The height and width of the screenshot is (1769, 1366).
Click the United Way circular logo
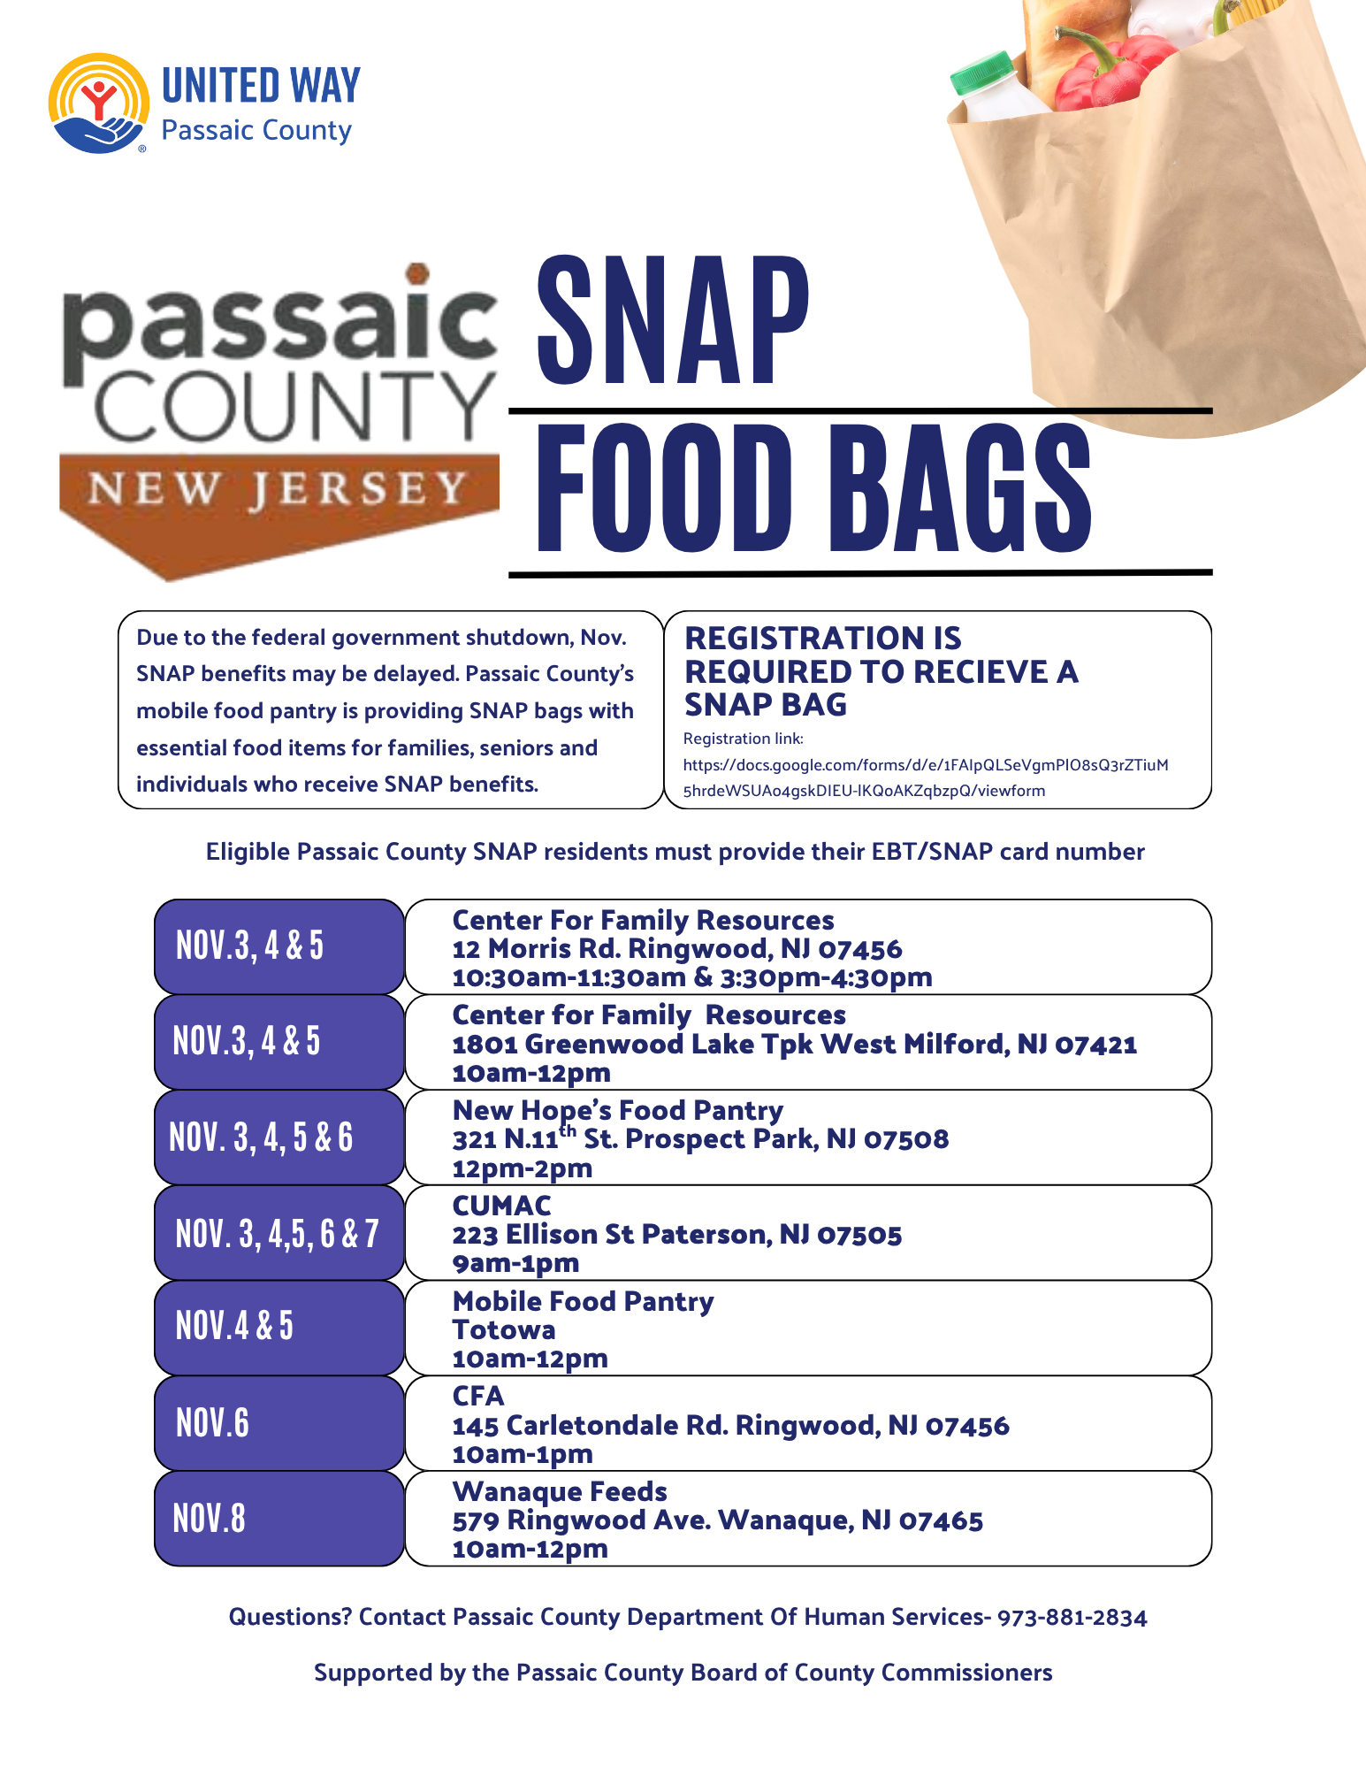click(x=99, y=103)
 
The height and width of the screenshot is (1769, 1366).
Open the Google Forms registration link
click(x=925, y=777)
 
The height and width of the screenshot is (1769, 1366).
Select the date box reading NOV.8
click(x=279, y=1519)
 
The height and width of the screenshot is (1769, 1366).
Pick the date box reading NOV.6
click(x=279, y=1423)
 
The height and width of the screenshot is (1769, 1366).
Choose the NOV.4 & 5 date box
click(x=279, y=1327)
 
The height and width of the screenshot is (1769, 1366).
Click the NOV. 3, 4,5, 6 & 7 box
click(x=279, y=1233)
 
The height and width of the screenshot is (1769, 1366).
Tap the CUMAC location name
click(x=501, y=1206)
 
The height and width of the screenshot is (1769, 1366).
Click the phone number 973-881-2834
click(x=1072, y=1618)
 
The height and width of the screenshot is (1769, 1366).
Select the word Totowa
click(x=504, y=1330)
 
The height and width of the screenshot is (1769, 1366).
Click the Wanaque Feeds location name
click(x=560, y=1491)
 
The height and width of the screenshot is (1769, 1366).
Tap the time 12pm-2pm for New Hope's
click(x=522, y=1168)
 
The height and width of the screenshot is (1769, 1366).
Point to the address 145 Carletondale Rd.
click(x=589, y=1426)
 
